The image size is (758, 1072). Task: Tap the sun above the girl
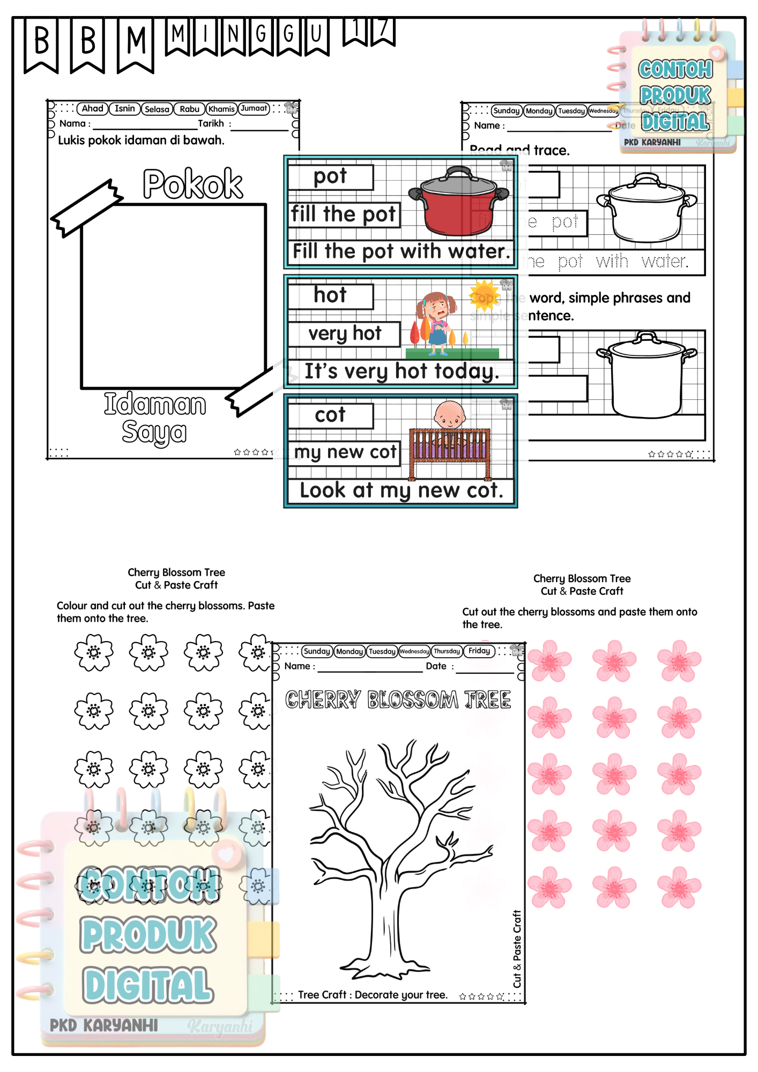click(x=485, y=295)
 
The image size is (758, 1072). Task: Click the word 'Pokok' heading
click(x=193, y=184)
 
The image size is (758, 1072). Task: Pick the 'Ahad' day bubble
click(x=92, y=109)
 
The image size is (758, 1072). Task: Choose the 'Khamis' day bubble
click(x=221, y=109)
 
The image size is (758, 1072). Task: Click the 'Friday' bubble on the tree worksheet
click(x=479, y=651)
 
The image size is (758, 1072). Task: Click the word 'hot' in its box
click(x=330, y=295)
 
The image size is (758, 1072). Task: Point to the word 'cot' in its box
click(x=330, y=415)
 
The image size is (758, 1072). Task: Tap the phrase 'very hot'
click(x=345, y=333)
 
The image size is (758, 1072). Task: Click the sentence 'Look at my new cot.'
click(x=401, y=490)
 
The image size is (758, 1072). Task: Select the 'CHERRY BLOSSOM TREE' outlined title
click(x=398, y=699)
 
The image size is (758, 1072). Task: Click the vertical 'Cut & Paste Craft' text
click(x=517, y=949)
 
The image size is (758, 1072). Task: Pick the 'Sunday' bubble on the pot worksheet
click(x=507, y=111)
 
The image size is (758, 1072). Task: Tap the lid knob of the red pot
click(x=458, y=170)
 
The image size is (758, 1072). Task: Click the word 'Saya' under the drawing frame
click(x=154, y=432)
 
